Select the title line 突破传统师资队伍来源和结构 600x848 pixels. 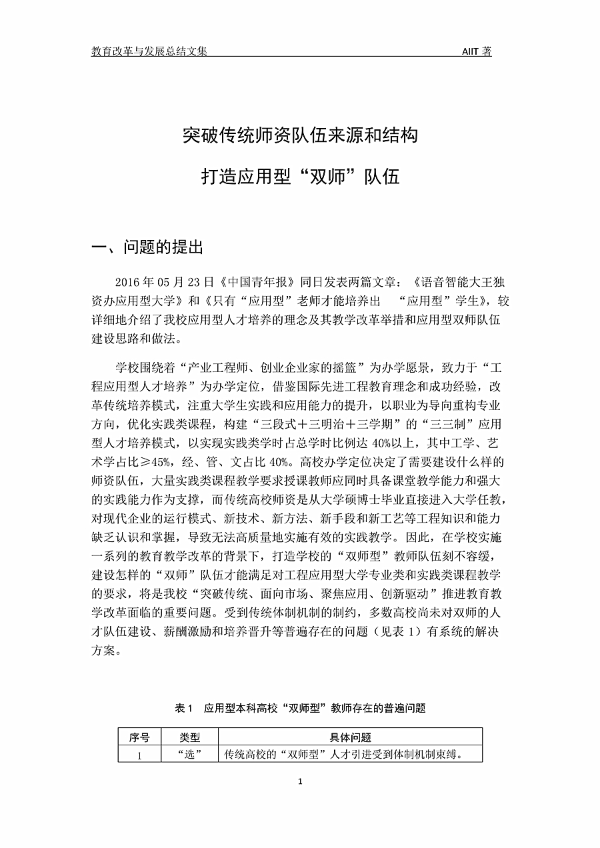pos(300,135)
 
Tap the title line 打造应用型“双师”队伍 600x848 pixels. pos(300,177)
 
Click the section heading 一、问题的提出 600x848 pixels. pos(147,248)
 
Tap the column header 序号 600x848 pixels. pos(139,737)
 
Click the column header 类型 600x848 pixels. pos(190,737)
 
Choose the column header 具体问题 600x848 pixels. pos(351,737)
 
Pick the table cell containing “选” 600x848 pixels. pos(190,755)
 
